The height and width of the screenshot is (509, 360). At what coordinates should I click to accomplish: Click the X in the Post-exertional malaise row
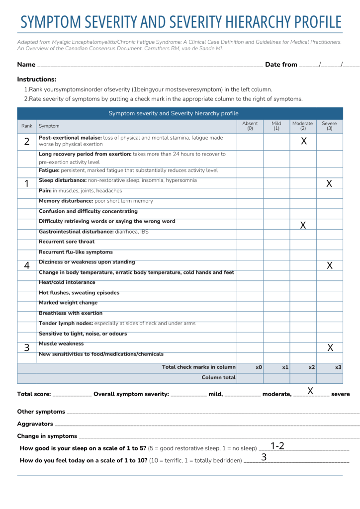coord(304,141)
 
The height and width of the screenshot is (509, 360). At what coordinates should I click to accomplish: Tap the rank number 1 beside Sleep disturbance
coord(26,183)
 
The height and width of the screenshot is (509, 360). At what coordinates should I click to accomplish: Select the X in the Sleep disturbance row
coord(329,183)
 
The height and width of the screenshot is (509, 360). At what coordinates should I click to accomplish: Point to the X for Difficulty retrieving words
coord(303,225)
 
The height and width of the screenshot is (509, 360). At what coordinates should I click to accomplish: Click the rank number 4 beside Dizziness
coord(26,265)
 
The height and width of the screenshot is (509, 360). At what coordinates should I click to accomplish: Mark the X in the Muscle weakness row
coord(330,347)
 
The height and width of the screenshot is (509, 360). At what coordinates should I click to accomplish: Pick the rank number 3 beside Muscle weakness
coord(26,347)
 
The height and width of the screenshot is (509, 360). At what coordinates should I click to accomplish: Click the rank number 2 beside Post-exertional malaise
coord(26,141)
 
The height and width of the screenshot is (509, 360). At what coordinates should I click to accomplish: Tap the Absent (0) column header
coord(250,126)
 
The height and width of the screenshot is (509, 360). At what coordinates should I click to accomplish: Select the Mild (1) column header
coord(276,126)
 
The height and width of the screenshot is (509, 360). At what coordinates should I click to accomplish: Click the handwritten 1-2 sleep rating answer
coord(277,446)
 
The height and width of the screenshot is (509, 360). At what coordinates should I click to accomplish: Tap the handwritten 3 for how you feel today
coord(264,457)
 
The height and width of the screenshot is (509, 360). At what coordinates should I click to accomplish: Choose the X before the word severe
coord(310,391)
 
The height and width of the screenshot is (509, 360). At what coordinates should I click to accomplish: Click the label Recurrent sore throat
coord(67,242)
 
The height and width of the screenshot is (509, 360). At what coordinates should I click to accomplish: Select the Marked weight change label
coord(68,303)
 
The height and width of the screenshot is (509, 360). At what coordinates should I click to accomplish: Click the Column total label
coord(218,378)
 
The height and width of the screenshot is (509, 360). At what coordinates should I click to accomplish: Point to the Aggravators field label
coord(35,424)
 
